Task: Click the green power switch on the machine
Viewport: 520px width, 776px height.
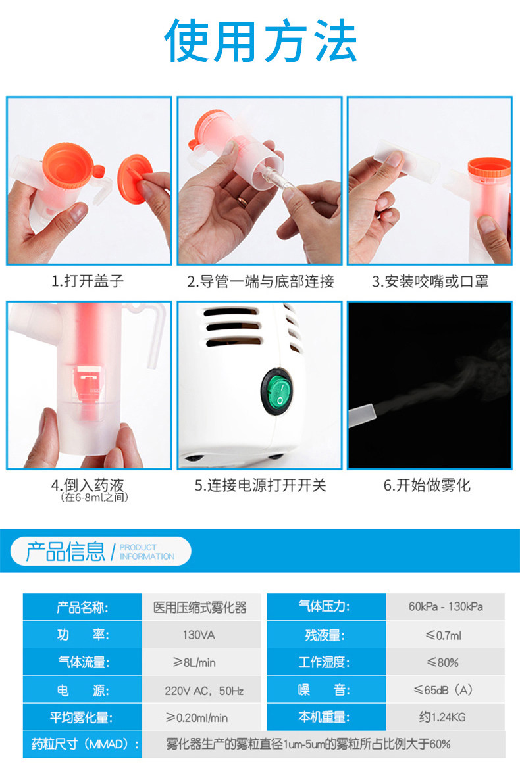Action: [278, 391]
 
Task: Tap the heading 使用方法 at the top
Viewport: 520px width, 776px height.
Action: [261, 41]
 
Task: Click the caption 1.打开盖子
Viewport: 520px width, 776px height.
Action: [87, 281]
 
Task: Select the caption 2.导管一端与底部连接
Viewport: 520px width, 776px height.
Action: [261, 281]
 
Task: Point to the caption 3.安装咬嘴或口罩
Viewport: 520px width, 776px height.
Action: [430, 281]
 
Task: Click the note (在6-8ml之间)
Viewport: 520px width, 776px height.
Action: [94, 497]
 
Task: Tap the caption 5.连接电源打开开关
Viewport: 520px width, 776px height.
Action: [261, 485]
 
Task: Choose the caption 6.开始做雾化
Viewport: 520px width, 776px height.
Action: [427, 485]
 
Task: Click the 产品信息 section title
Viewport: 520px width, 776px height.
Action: [65, 551]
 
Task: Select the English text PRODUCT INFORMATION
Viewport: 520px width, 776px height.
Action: [147, 552]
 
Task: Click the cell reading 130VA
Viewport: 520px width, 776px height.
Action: [199, 635]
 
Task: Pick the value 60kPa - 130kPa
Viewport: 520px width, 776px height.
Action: [446, 607]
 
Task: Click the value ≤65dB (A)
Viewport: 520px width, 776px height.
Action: [443, 690]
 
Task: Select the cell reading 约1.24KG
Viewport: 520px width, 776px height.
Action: [442, 717]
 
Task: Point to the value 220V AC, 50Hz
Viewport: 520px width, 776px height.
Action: [204, 691]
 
